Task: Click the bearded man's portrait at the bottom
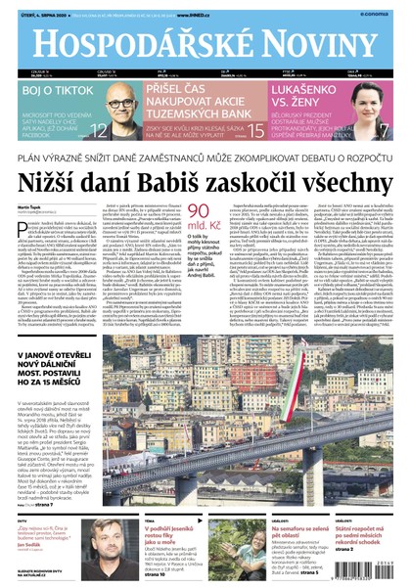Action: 98,537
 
